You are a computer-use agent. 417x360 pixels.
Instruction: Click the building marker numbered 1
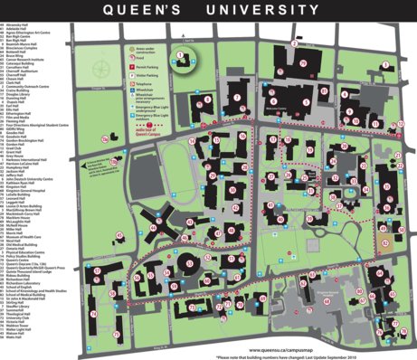click(180, 55)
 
